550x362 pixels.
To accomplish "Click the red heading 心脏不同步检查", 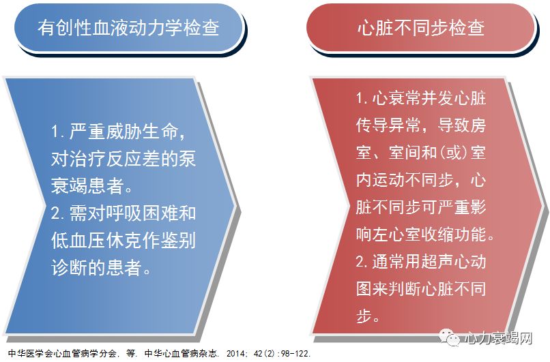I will (x=420, y=28).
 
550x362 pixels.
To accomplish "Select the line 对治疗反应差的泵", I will (x=124, y=159).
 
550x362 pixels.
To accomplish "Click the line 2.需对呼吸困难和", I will (x=124, y=213).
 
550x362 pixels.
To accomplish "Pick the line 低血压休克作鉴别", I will (x=124, y=241).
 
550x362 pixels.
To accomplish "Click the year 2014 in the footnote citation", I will (x=238, y=354).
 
